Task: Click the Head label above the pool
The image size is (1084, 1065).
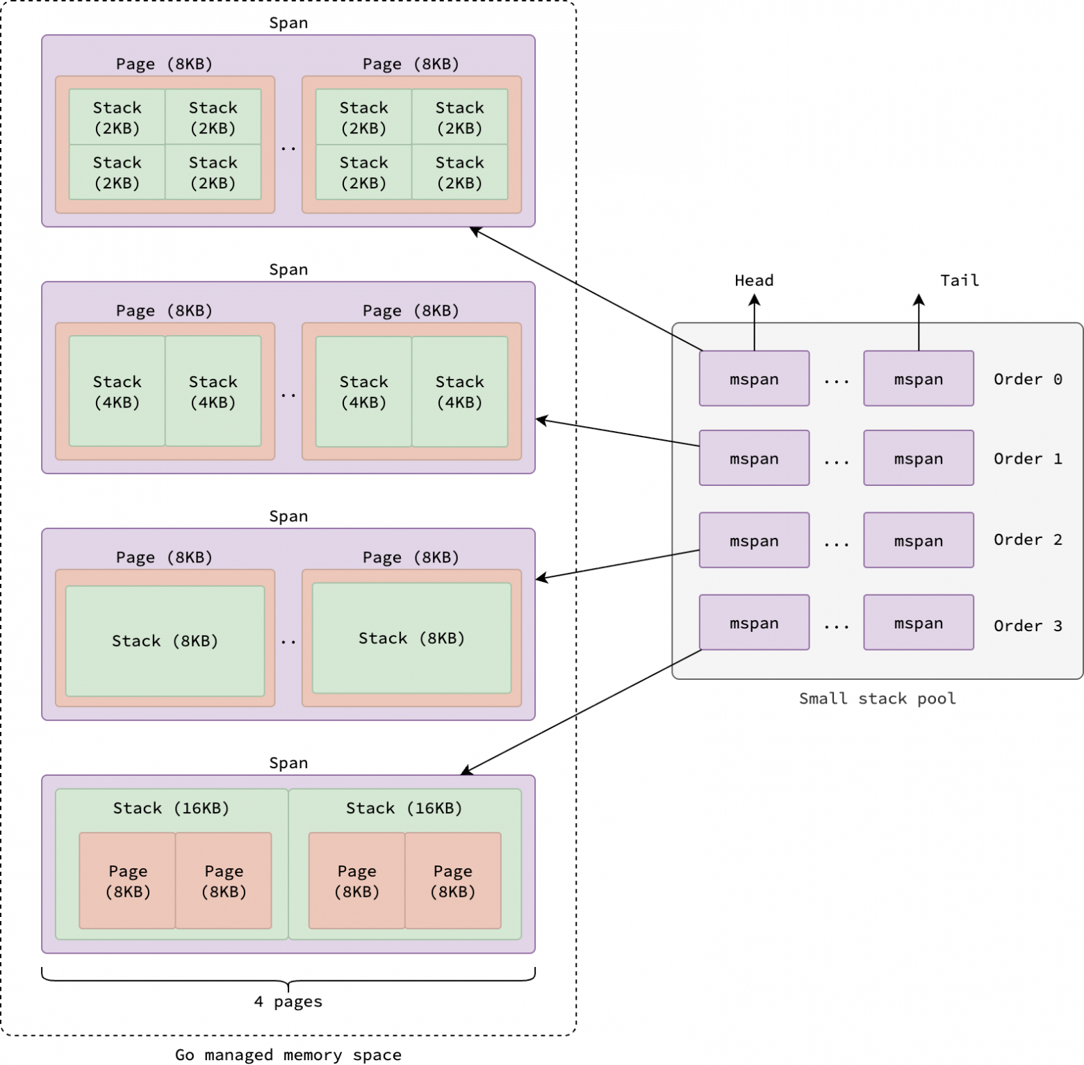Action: point(754,280)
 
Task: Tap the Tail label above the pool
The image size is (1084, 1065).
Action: point(960,280)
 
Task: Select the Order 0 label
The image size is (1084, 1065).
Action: point(1027,379)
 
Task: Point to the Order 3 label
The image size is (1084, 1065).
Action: point(1027,626)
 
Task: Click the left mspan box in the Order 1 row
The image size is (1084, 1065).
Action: point(754,458)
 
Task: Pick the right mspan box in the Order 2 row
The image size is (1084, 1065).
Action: point(918,540)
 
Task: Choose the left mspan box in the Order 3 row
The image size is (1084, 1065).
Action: point(754,623)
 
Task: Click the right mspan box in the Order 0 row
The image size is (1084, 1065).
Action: point(918,379)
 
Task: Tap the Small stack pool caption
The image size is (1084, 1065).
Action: point(877,699)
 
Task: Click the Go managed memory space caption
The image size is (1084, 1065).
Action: point(288,1055)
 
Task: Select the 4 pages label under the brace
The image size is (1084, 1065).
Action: point(288,1002)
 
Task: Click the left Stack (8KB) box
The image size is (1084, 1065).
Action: point(165,641)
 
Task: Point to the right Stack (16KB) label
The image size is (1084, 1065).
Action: point(404,808)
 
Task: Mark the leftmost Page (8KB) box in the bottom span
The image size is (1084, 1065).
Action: point(127,881)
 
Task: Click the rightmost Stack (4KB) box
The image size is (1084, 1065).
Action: point(459,392)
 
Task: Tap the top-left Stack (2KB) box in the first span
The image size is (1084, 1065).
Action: point(117,117)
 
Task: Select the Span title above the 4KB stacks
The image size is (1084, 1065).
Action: point(288,270)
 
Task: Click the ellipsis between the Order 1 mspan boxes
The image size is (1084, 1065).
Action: point(836,461)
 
